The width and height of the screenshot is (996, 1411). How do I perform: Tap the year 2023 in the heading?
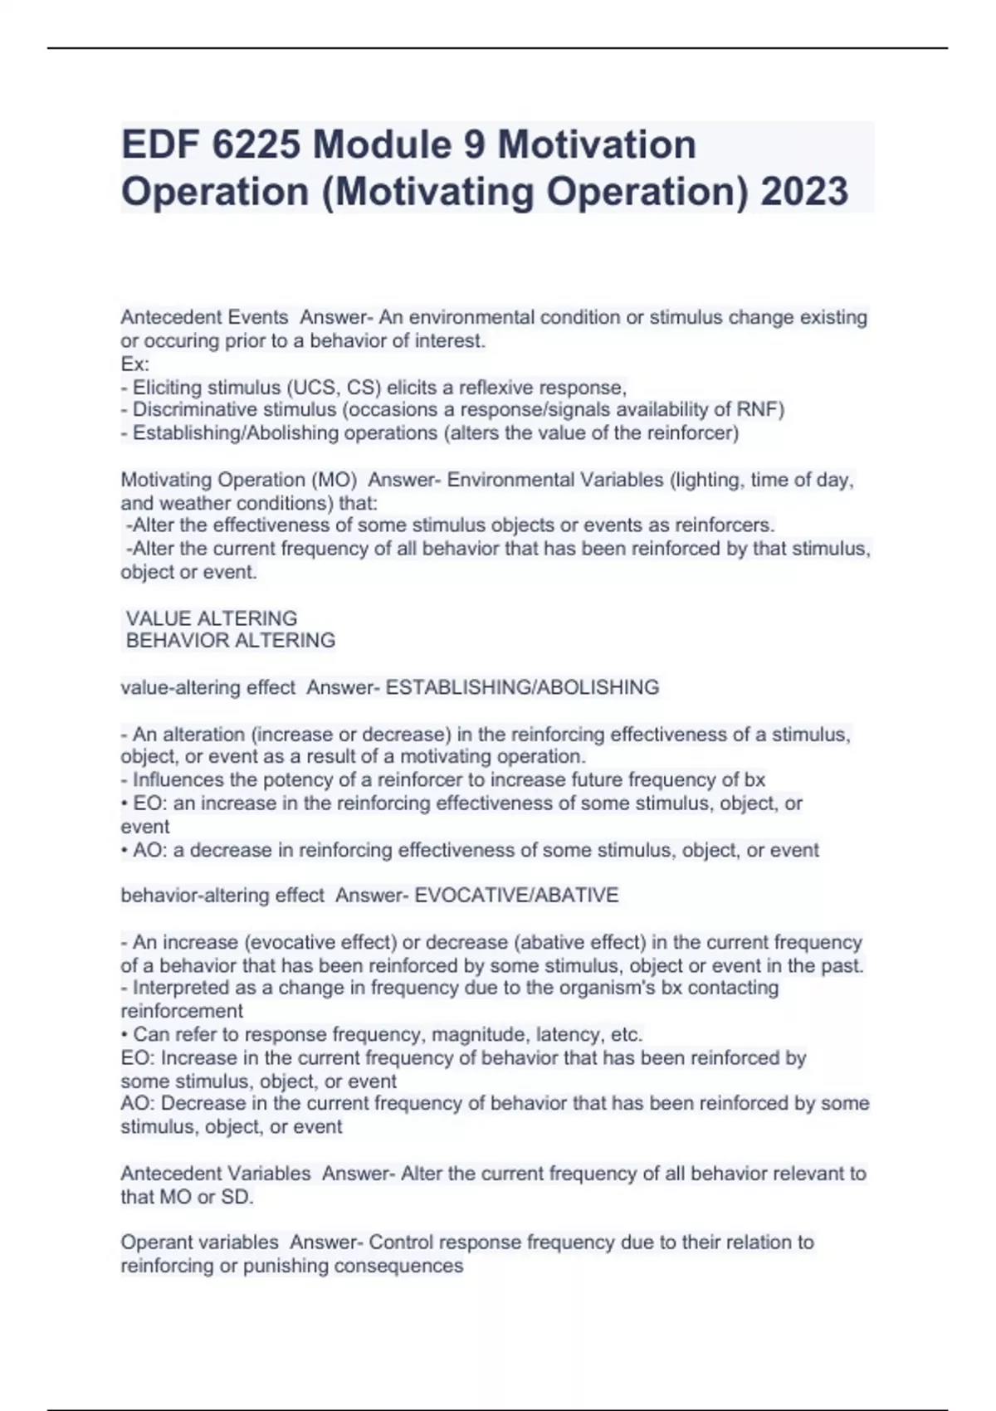click(x=803, y=192)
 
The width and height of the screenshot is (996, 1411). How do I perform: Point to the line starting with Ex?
click(x=134, y=364)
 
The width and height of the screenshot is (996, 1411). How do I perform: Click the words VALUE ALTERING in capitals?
click(x=211, y=618)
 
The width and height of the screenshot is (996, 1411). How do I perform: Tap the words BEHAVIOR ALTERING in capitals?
click(x=230, y=641)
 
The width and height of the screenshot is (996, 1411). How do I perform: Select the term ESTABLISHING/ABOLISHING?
click(x=522, y=687)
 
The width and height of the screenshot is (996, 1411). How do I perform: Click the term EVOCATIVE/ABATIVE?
click(x=516, y=896)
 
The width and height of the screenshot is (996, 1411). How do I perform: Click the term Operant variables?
click(x=199, y=1243)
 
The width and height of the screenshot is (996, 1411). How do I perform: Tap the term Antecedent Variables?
click(x=215, y=1174)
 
